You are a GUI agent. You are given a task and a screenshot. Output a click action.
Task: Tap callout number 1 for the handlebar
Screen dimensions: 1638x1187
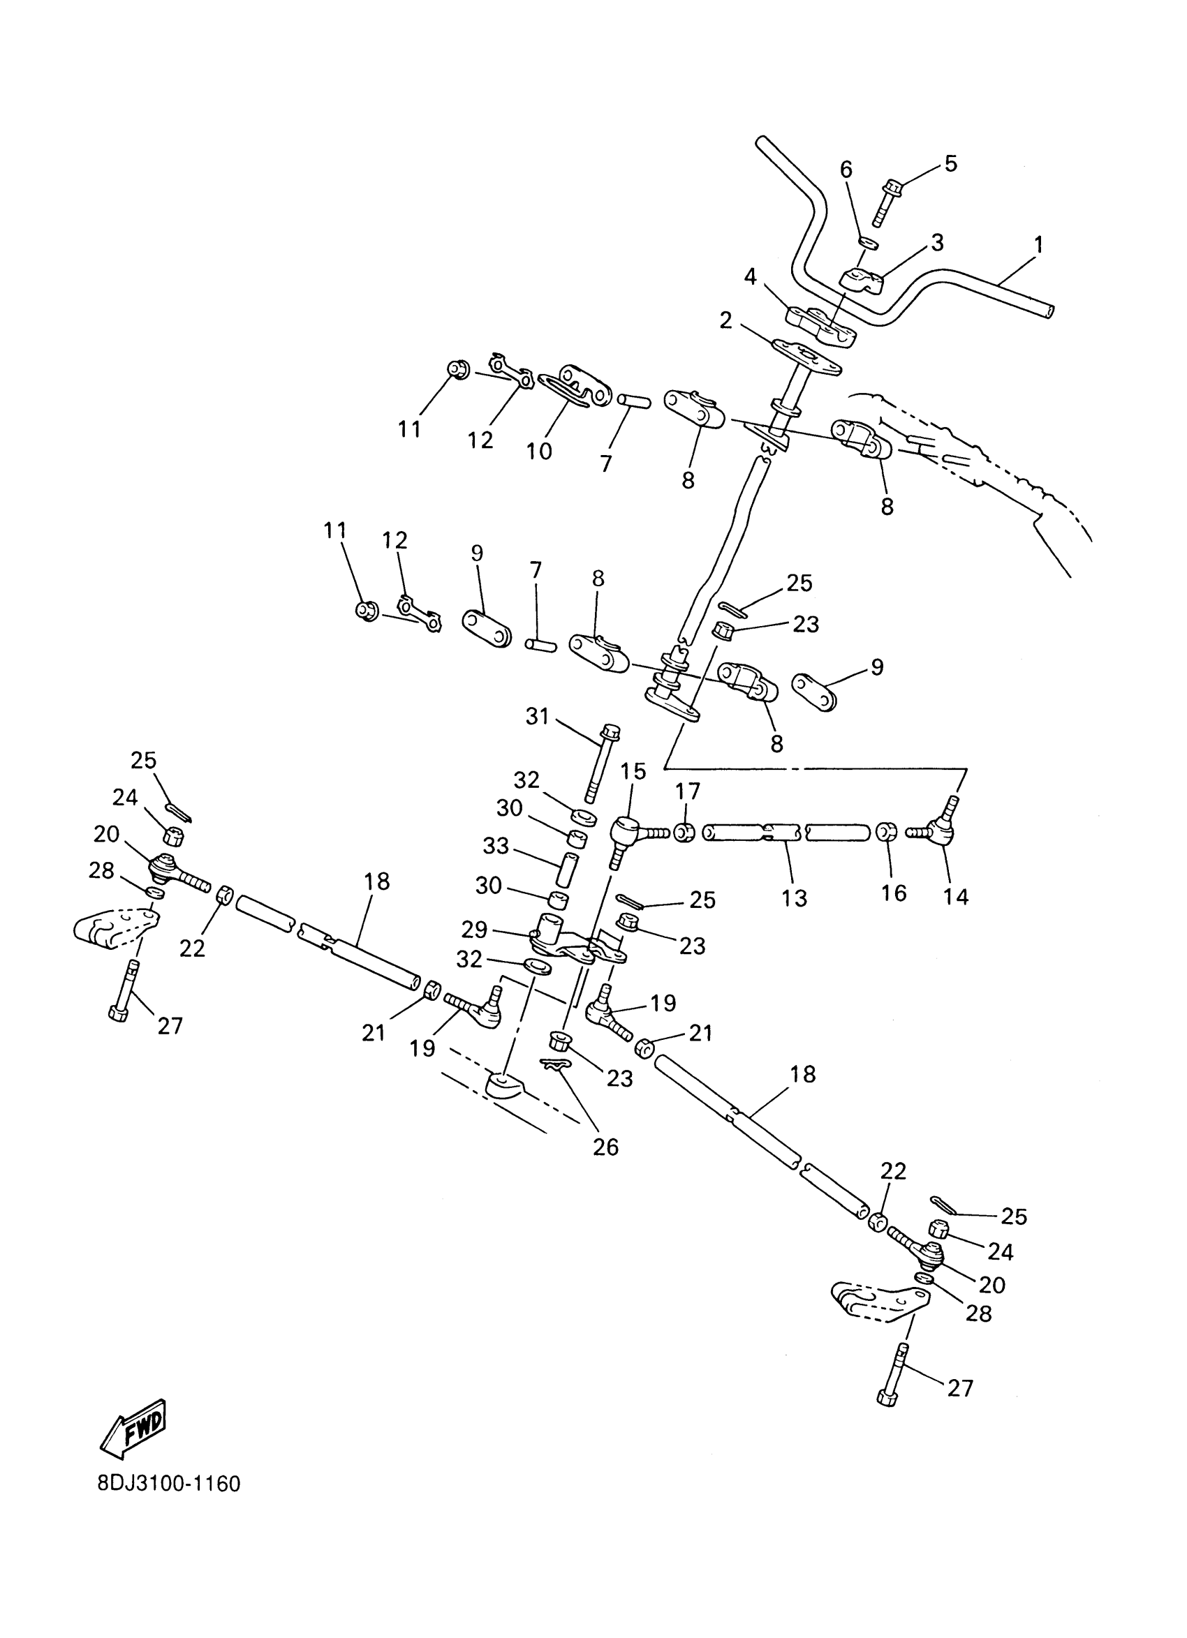coord(1038,245)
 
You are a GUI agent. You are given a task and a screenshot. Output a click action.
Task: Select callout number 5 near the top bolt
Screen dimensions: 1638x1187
coord(951,164)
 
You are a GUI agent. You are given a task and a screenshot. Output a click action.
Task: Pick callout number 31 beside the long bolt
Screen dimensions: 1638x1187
coord(537,717)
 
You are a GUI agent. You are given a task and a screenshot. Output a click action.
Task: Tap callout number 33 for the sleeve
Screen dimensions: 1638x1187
coord(496,846)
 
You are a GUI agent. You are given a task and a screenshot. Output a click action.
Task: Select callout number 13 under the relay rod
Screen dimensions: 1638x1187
coord(794,898)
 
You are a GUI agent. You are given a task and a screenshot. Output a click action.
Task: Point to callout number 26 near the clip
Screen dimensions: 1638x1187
coord(605,1147)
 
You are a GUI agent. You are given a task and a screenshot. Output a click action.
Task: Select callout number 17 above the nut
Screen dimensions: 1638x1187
coord(687,792)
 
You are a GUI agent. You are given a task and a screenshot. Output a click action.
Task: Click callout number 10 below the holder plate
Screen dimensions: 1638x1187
coord(539,452)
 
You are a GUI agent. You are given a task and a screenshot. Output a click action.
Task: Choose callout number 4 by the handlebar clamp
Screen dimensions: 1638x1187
coord(751,276)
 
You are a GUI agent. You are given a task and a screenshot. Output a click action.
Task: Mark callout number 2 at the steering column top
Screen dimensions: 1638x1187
coord(725,320)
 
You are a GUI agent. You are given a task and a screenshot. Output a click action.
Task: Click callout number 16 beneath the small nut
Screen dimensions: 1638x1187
coord(894,893)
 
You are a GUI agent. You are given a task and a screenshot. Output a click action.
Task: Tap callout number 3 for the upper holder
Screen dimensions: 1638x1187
coord(936,243)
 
